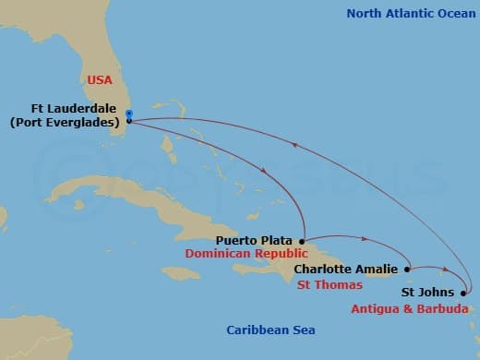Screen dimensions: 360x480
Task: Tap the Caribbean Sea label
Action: tap(271, 330)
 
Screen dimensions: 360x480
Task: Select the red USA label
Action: tap(100, 80)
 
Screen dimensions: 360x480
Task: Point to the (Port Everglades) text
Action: tap(66, 120)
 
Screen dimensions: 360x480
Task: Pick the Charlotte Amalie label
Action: tap(346, 270)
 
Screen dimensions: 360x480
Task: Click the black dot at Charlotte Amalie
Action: tap(407, 270)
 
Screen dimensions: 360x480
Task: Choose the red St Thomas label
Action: tap(330, 285)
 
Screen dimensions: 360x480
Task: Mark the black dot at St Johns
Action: tap(463, 294)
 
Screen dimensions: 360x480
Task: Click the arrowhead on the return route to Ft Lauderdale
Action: tap(294, 142)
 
